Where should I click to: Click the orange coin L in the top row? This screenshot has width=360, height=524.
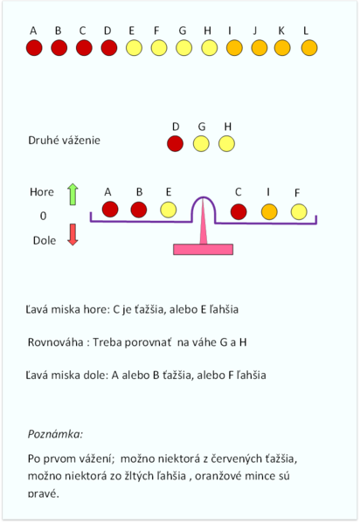point(309,48)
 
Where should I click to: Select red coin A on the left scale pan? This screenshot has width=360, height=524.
point(110,210)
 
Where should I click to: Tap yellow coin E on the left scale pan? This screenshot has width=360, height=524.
point(168,210)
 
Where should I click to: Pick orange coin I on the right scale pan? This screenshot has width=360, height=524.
point(269,212)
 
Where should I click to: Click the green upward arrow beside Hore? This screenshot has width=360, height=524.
point(73,194)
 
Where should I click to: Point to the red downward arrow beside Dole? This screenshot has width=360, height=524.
point(73,235)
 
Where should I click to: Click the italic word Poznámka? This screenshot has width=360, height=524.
point(55,434)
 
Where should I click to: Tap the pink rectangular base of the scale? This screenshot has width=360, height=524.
point(204,249)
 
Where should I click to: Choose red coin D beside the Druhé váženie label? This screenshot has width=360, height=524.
point(175,144)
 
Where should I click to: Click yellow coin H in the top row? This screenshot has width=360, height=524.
point(209,48)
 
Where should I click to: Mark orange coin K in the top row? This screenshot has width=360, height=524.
point(282,48)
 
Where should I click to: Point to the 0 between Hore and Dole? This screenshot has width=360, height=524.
point(43,216)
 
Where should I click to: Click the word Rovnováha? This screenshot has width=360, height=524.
point(56,342)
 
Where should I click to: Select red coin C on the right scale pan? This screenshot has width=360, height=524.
point(239,211)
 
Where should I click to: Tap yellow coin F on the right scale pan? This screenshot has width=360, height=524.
point(299,212)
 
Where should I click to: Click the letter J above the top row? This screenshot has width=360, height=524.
point(255,31)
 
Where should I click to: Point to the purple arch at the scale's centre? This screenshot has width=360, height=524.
point(204,197)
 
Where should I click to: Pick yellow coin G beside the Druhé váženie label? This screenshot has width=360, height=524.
point(201,144)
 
